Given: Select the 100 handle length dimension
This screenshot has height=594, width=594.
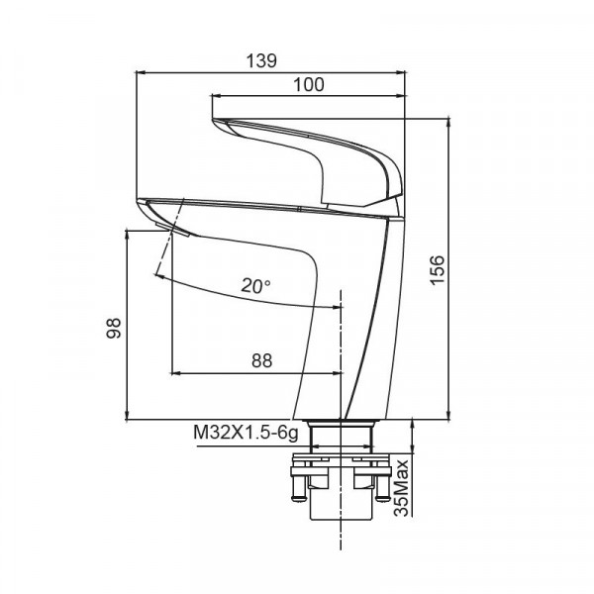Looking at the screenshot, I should [x=309, y=85].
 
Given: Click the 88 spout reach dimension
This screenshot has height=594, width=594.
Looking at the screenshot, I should [x=260, y=361].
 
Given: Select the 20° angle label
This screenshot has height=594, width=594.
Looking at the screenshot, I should [x=255, y=286].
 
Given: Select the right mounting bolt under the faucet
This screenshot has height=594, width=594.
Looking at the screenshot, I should [x=381, y=491].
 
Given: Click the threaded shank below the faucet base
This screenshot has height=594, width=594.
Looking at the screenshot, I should [x=341, y=436].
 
